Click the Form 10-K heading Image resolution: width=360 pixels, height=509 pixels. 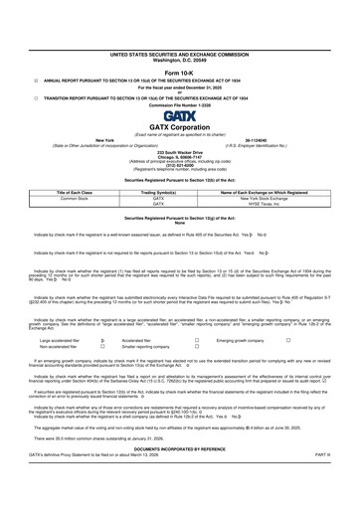pyautogui.click(x=180, y=45)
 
